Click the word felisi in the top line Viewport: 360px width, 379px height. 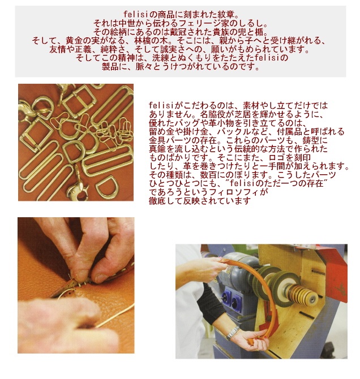(136, 15)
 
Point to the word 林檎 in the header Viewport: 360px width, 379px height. (143, 40)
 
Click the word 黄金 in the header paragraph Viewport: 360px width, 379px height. (74, 40)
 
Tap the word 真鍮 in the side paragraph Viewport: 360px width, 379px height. (157, 149)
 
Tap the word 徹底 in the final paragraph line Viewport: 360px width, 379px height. (157, 201)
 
